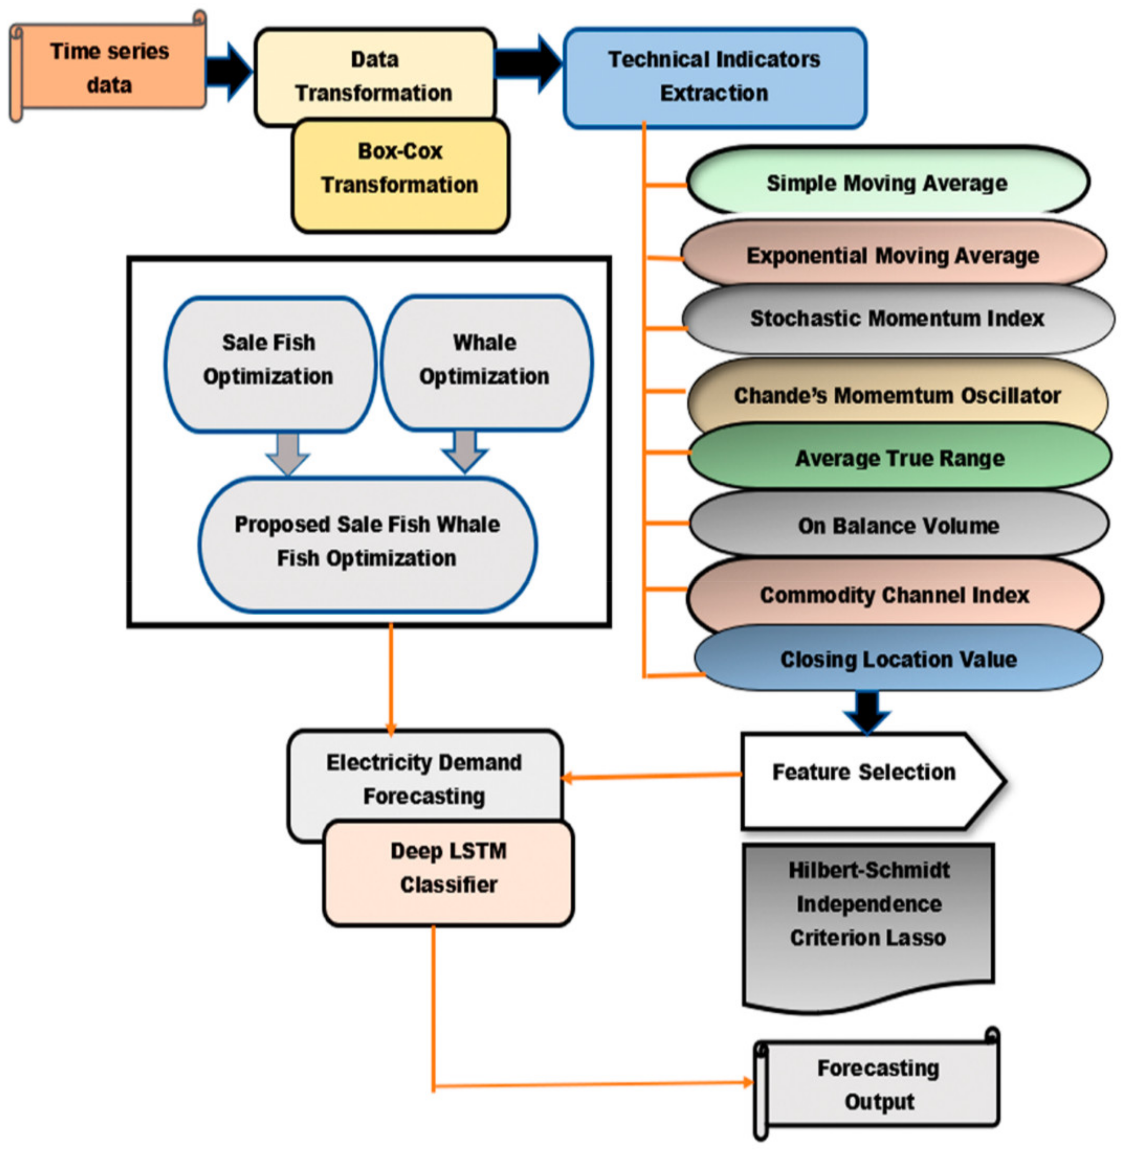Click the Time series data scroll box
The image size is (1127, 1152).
click(x=109, y=68)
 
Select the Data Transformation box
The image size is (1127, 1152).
click(x=374, y=76)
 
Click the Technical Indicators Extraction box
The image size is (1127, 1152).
click(x=714, y=77)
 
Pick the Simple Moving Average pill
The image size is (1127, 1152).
click(x=887, y=183)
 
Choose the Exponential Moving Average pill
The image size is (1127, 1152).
click(x=892, y=255)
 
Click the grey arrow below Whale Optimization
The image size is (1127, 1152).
click(x=465, y=453)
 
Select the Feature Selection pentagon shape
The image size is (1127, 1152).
click(x=864, y=780)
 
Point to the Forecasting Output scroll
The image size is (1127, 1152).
click(x=878, y=1083)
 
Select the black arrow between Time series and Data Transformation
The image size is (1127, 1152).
click(x=229, y=72)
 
